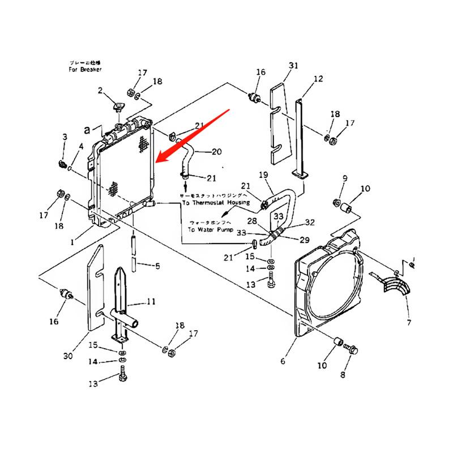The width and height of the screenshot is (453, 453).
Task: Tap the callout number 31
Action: tap(293, 66)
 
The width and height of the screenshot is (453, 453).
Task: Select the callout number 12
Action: tap(318, 79)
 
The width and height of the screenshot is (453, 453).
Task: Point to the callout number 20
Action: tap(216, 152)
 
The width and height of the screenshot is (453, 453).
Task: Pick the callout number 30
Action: tap(68, 356)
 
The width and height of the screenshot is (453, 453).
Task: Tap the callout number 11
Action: tap(150, 302)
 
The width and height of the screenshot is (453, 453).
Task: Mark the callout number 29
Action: tap(304, 240)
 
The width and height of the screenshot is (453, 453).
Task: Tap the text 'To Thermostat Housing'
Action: tap(216, 202)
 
